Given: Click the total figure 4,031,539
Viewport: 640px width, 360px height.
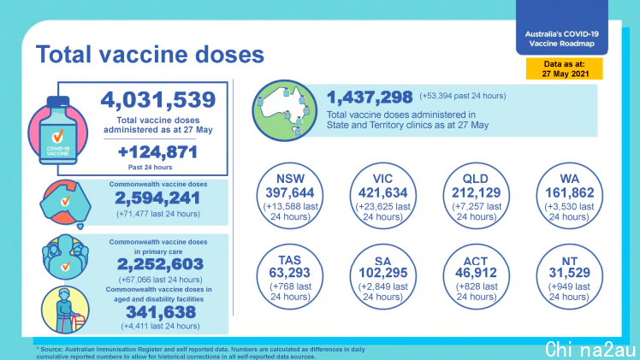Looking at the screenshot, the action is coord(158,100).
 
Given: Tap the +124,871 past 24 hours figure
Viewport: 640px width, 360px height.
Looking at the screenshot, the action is coord(157,152).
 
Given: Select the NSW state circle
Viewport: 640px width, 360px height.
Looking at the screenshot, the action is coord(290,196).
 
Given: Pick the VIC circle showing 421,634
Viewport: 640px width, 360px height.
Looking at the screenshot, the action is coord(382,196).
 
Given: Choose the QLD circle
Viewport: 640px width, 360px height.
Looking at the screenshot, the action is coord(476,196).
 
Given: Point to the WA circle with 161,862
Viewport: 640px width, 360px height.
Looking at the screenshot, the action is coord(569,196).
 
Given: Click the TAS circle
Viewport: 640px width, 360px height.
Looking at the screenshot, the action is coord(290,277).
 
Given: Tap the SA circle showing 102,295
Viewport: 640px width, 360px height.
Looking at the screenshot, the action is coord(382,277).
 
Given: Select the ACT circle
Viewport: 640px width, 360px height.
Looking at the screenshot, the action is coord(476,277).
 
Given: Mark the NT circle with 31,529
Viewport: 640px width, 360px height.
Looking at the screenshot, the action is coord(569,277).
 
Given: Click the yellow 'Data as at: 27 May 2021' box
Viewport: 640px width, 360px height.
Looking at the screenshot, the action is coord(565,68).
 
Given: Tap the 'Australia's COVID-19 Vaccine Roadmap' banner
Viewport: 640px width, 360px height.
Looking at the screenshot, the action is coord(561,27).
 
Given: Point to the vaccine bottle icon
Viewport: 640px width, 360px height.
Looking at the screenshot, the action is coord(58,132).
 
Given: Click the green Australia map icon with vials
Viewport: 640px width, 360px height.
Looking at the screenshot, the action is coord(284,110).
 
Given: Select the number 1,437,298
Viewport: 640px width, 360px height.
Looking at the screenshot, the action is coord(370,97).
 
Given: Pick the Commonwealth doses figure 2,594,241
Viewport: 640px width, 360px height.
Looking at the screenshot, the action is coord(157,198).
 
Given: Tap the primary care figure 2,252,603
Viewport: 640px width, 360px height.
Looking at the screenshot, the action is coord(160,264).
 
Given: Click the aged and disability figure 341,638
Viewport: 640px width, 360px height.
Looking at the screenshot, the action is coord(161,312).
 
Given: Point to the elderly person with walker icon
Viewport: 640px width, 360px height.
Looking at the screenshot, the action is coord(65,310).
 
